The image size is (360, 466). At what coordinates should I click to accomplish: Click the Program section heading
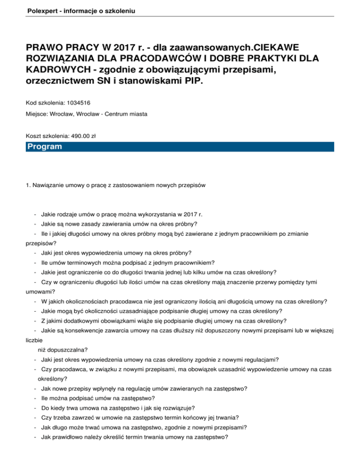45,147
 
